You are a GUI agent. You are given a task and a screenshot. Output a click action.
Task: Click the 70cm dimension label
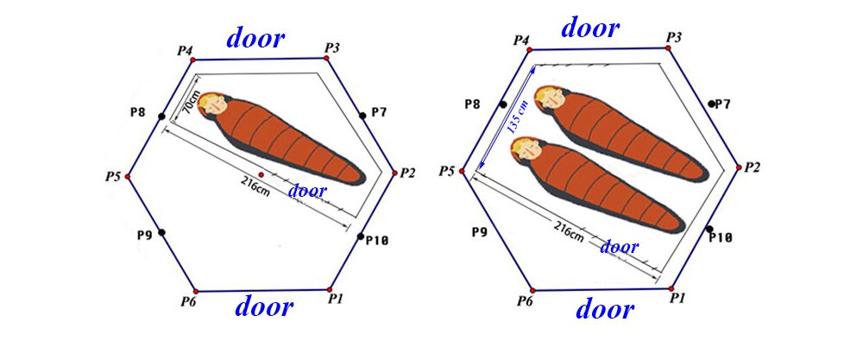[188, 103]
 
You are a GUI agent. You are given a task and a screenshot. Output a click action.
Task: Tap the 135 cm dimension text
[513, 117]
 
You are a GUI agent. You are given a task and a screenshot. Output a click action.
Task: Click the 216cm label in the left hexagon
[255, 186]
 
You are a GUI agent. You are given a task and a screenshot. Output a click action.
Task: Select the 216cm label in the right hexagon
[569, 231]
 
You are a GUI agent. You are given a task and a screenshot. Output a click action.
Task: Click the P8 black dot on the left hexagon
[161, 117]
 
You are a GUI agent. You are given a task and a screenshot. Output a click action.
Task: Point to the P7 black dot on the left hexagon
[362, 116]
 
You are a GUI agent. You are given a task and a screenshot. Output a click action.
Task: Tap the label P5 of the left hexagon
[114, 177]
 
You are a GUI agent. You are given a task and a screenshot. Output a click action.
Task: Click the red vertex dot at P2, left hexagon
[394, 173]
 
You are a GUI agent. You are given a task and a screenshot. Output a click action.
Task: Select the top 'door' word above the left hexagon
[255, 39]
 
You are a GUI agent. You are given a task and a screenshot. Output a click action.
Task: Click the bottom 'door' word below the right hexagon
[605, 309]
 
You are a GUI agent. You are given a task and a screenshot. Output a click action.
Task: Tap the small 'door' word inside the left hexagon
[308, 191]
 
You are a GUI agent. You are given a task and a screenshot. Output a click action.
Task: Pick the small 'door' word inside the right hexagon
[619, 247]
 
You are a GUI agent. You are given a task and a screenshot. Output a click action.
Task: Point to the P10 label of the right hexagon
[720, 237]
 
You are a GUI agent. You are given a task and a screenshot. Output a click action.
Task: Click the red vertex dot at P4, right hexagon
[530, 49]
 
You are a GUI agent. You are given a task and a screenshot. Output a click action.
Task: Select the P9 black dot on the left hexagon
[161, 232]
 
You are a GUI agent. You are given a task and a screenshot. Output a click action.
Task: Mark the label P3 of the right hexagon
[674, 37]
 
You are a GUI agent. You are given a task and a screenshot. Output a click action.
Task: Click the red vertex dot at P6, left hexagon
[196, 291]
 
